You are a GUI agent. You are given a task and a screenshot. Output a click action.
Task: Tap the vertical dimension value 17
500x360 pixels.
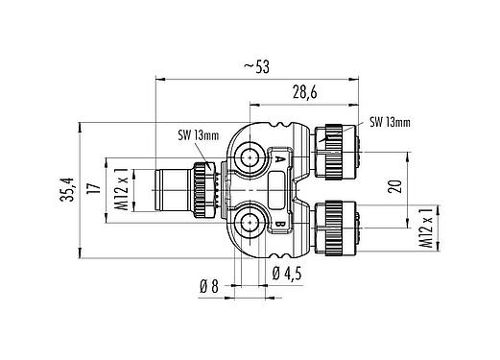[95, 190]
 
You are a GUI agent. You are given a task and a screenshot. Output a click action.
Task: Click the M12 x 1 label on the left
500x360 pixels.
[121, 191]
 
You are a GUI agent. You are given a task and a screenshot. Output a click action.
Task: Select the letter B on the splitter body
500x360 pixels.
[279, 227]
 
